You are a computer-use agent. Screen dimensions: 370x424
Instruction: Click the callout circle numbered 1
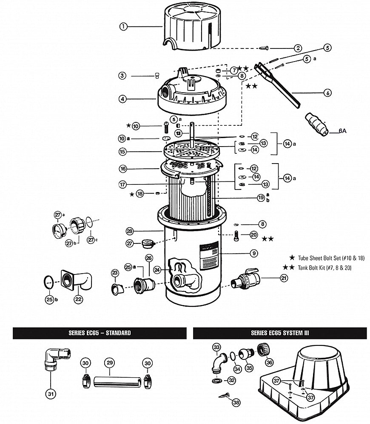tap(123, 26)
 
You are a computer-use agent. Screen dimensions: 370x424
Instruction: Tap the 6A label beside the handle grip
tap(342, 131)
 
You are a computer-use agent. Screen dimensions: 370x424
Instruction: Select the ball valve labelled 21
tap(245, 278)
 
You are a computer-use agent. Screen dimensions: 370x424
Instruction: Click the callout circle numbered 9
tap(253, 253)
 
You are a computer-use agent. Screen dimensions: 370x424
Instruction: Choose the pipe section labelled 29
tap(117, 382)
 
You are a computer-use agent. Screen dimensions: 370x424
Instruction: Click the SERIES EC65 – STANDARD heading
tap(100, 333)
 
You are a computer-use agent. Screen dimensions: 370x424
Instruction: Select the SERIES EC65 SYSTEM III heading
tap(279, 333)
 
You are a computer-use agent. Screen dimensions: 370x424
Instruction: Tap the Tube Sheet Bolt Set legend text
tap(331, 258)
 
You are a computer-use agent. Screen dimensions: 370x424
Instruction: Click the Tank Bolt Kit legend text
tap(325, 268)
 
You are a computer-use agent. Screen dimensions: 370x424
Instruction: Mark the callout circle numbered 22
tap(78, 299)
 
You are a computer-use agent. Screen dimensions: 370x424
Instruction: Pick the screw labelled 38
tap(224, 396)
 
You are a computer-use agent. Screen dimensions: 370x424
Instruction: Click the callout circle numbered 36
tap(269, 362)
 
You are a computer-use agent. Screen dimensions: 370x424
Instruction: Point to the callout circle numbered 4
tap(122, 99)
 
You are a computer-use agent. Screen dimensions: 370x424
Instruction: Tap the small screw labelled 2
tap(264, 48)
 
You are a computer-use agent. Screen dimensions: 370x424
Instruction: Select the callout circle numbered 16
tap(123, 169)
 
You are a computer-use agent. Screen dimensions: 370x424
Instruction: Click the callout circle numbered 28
tap(130, 231)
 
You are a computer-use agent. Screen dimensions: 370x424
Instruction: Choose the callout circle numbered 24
tap(157, 270)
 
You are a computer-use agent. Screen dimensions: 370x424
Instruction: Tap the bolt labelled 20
tap(236, 236)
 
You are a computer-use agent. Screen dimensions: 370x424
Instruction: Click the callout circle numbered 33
tap(217, 347)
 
